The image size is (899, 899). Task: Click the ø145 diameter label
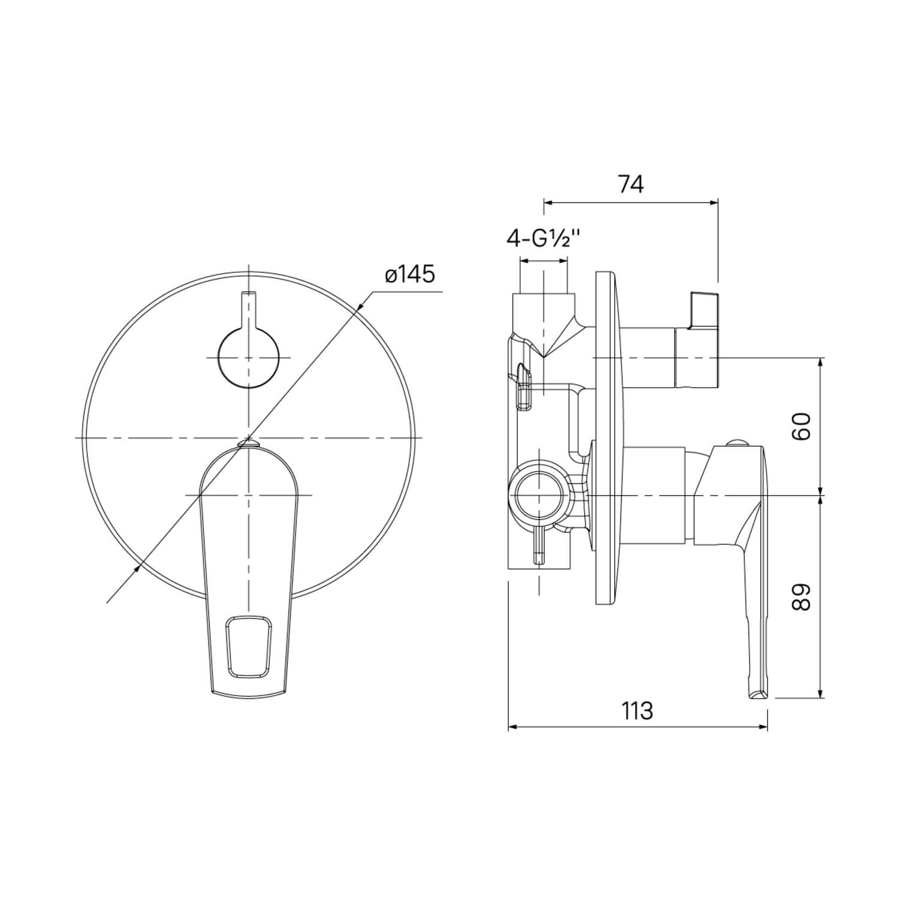411,275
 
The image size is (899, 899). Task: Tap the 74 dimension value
631,185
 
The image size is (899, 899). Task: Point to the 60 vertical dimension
800,426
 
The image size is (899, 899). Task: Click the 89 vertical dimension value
800,597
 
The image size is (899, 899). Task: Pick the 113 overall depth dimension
636,711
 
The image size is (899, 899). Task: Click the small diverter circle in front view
249,358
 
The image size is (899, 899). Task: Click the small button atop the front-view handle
248,443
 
